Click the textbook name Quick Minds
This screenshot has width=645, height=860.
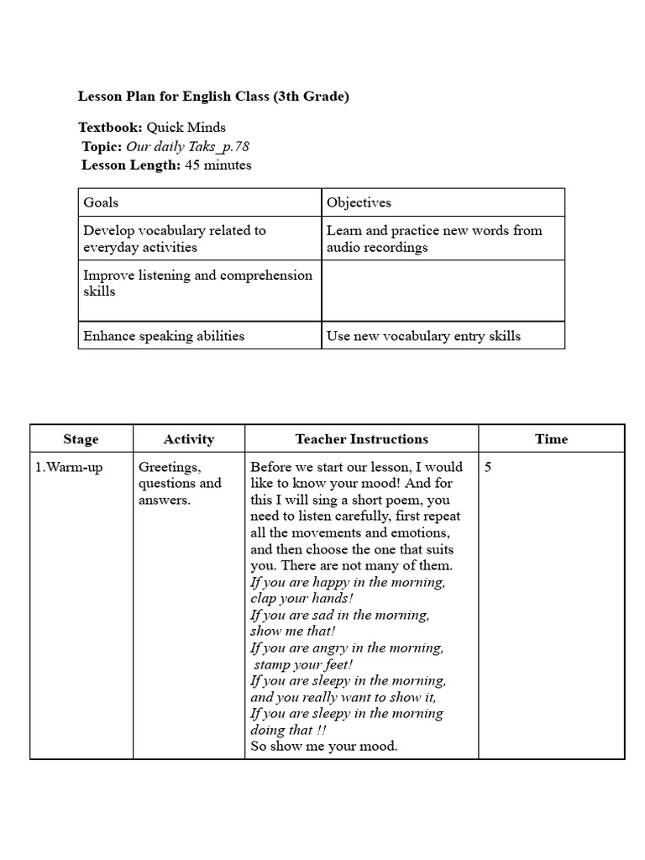pos(186,128)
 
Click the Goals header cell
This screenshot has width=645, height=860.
pos(101,202)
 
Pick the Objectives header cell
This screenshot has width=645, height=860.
pos(359,202)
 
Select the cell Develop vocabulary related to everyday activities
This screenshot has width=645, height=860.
pos(174,239)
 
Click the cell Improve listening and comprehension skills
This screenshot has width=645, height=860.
pos(197,283)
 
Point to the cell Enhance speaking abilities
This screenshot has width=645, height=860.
pos(164,336)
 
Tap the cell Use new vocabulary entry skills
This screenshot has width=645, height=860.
pos(423,336)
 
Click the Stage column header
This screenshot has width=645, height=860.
pos(81,439)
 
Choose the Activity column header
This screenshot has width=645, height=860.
pos(189,439)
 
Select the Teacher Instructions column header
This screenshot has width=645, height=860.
pos(361,439)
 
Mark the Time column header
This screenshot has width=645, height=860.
pos(551,439)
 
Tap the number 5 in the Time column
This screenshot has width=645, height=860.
pos(488,467)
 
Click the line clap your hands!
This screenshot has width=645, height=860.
pos(302,599)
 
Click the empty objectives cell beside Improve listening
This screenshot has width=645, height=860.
pos(443,291)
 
